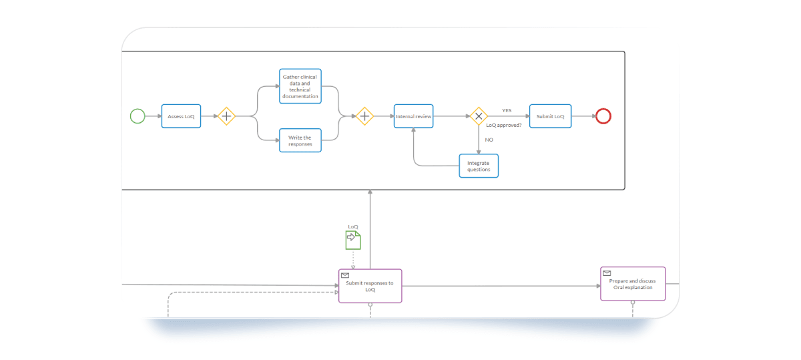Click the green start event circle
pos(137,116)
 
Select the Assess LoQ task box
pos(181,116)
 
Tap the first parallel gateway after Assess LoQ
pos(227,116)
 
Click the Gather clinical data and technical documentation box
pos(300,86)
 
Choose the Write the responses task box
pos(300,140)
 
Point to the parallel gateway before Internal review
pos(364,116)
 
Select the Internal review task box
pos(413,116)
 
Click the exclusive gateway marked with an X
pos(479,116)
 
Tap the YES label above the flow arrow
pos(507,110)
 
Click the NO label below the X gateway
pos(489,140)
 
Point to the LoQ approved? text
pos(503,125)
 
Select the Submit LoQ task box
pos(550,116)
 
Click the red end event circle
pos(603,116)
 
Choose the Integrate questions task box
pos(479,166)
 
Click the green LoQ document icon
pos(352,240)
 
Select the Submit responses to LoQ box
pos(370,286)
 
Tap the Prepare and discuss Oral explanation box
pos(632,284)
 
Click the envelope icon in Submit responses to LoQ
pos(345,275)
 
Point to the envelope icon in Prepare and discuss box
pos(607,273)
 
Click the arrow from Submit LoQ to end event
pos(583,116)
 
